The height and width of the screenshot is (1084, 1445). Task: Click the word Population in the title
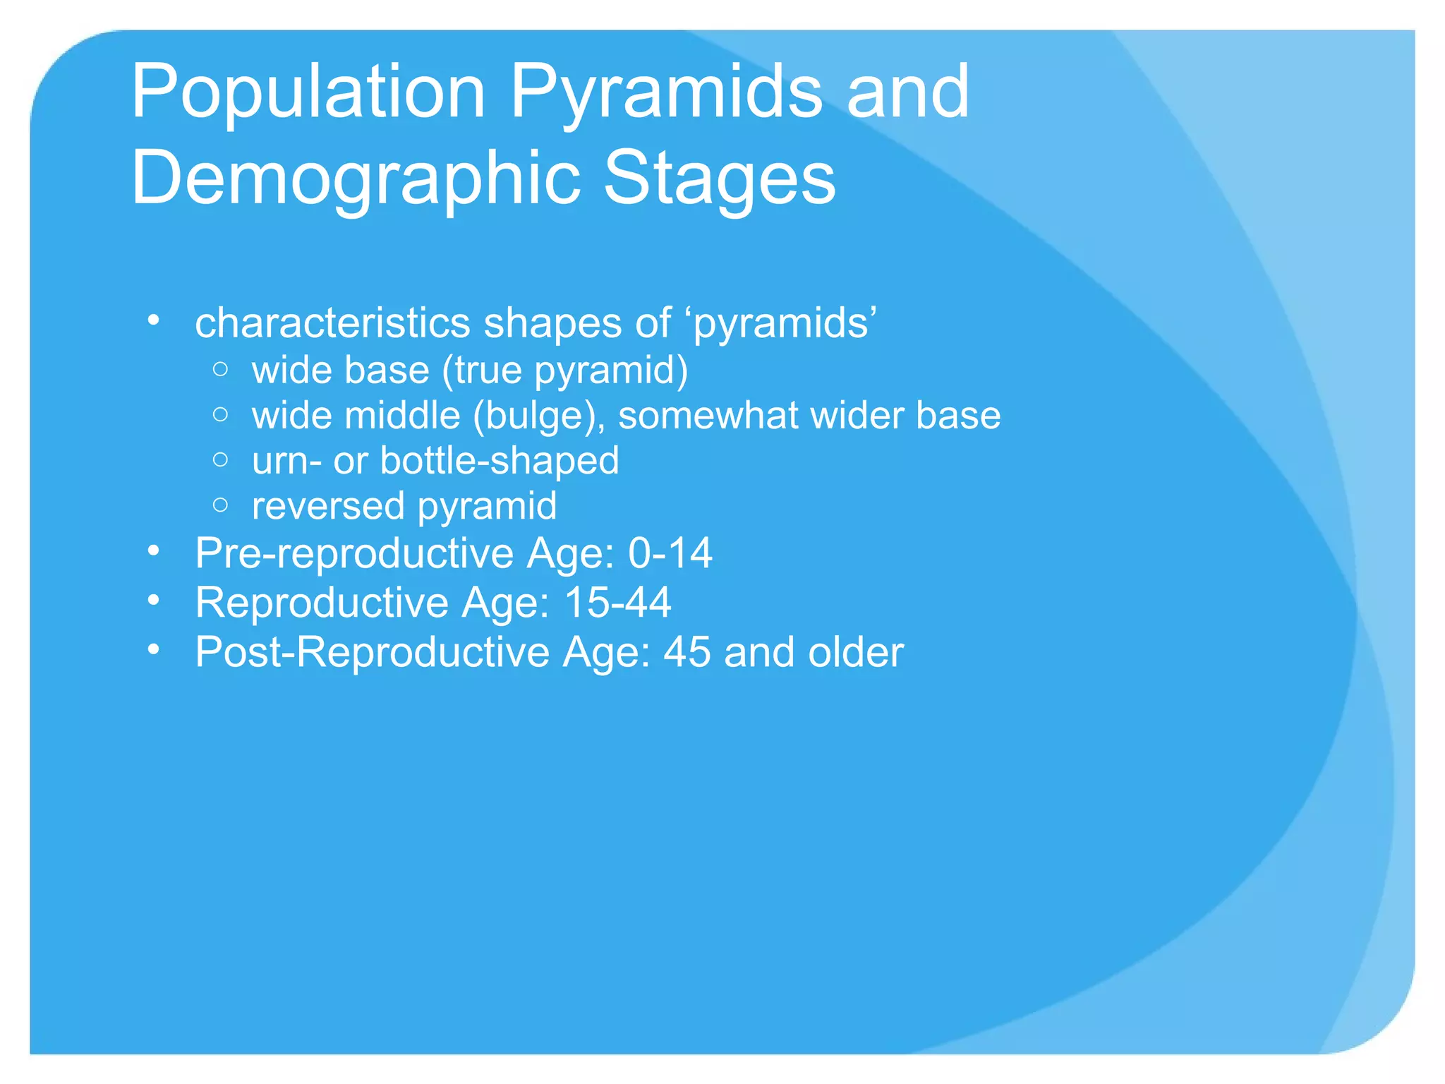(x=308, y=92)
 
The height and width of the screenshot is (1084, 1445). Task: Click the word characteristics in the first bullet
(x=332, y=323)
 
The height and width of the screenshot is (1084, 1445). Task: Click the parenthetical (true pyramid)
(x=564, y=370)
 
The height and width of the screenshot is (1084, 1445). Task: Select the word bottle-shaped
(x=500, y=460)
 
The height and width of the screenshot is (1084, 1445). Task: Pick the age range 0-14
(x=670, y=553)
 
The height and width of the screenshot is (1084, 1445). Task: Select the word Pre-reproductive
(x=355, y=553)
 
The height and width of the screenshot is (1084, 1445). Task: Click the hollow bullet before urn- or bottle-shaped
(x=220, y=460)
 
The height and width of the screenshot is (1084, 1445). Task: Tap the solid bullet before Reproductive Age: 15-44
(x=154, y=601)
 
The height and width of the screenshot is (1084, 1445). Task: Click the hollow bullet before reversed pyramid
(x=220, y=505)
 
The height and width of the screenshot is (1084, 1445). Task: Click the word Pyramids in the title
(x=665, y=92)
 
